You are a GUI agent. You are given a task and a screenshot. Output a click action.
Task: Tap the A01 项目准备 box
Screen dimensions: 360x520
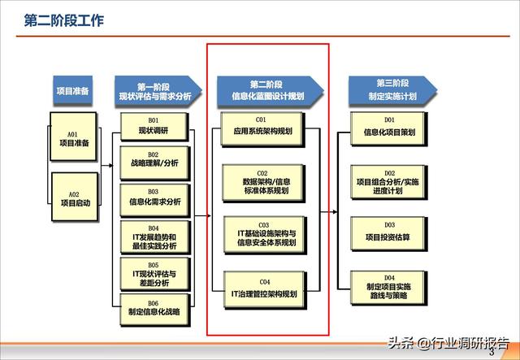point(73,139)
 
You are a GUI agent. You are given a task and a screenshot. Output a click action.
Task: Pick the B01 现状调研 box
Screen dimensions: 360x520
point(152,125)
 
